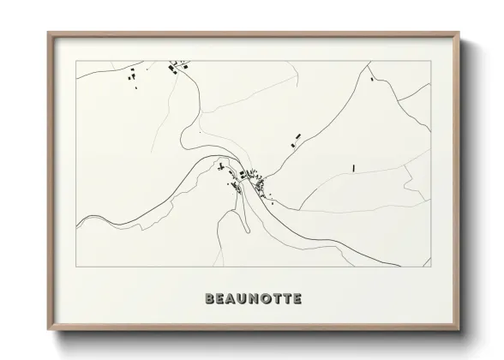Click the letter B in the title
coord(209,299)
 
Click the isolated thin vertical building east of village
coord(353,168)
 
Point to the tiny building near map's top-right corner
coord(371,79)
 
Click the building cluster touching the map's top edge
coord(178,65)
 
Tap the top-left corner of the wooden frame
coord(48,33)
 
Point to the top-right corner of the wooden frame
coord(459,33)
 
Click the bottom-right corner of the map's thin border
coord(429,267)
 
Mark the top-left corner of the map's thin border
coord(76,61)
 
